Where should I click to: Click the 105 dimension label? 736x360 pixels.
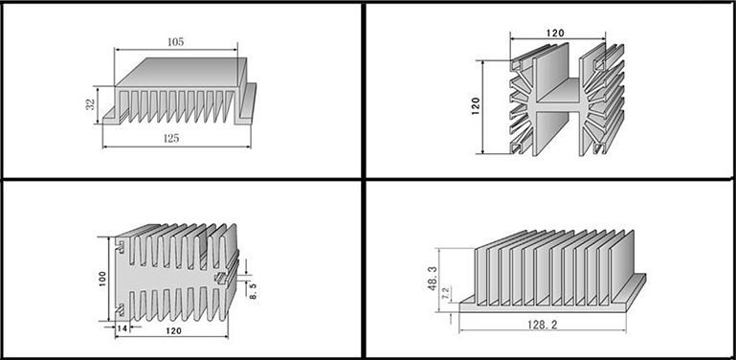coord(175,42)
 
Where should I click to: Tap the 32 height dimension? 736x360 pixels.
coord(91,103)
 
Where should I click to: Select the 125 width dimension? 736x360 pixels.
coord(171,138)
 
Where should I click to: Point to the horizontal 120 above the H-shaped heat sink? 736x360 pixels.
coord(555,33)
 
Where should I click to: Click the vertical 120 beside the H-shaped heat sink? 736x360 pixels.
coord(475,106)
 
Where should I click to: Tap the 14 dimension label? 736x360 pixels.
coord(123,328)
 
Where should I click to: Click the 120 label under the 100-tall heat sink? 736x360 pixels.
coord(173,331)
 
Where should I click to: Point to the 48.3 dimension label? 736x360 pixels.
coord(433,279)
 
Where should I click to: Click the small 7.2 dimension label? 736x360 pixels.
coord(446,293)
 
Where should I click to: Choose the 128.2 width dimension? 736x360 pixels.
coord(542,325)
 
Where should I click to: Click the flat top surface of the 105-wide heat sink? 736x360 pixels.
coord(182,72)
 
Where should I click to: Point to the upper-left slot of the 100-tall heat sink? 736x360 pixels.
coord(123,247)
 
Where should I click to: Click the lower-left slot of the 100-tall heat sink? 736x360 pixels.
coord(122,310)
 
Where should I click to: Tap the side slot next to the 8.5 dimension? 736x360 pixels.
coord(221,279)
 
